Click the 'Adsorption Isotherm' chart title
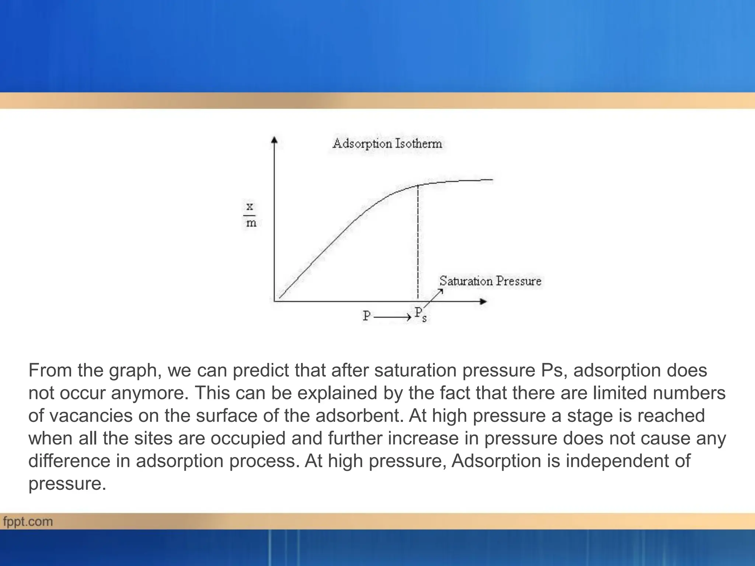387,143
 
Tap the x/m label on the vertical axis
250,215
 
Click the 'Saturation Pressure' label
490,281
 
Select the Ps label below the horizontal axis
420,314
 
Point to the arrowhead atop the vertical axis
274,140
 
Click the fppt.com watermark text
28,522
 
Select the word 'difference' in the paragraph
69,461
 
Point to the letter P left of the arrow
366,316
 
